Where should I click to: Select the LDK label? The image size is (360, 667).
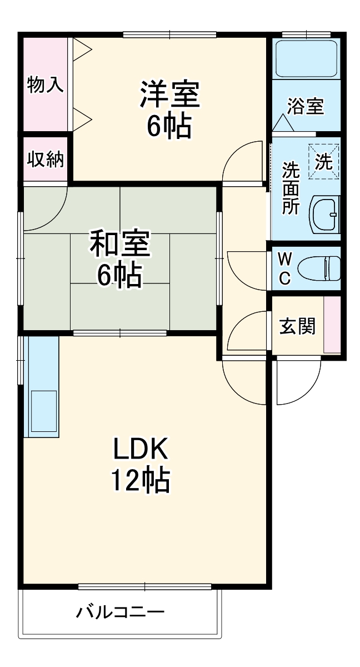point(141,449)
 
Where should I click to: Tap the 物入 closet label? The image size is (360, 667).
point(45,85)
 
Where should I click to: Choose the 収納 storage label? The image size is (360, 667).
point(46,160)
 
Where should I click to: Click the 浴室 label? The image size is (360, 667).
point(306,106)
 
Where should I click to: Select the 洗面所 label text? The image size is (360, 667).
point(290,188)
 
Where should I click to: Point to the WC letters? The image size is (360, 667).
point(284,268)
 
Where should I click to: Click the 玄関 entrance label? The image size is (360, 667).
point(297,326)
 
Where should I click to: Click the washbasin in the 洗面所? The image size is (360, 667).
point(324,214)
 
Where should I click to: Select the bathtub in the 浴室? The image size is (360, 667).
point(306,59)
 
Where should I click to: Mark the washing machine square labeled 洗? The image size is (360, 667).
point(323,161)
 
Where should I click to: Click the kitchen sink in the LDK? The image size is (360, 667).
point(43,410)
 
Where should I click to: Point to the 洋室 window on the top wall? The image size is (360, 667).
point(169,34)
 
